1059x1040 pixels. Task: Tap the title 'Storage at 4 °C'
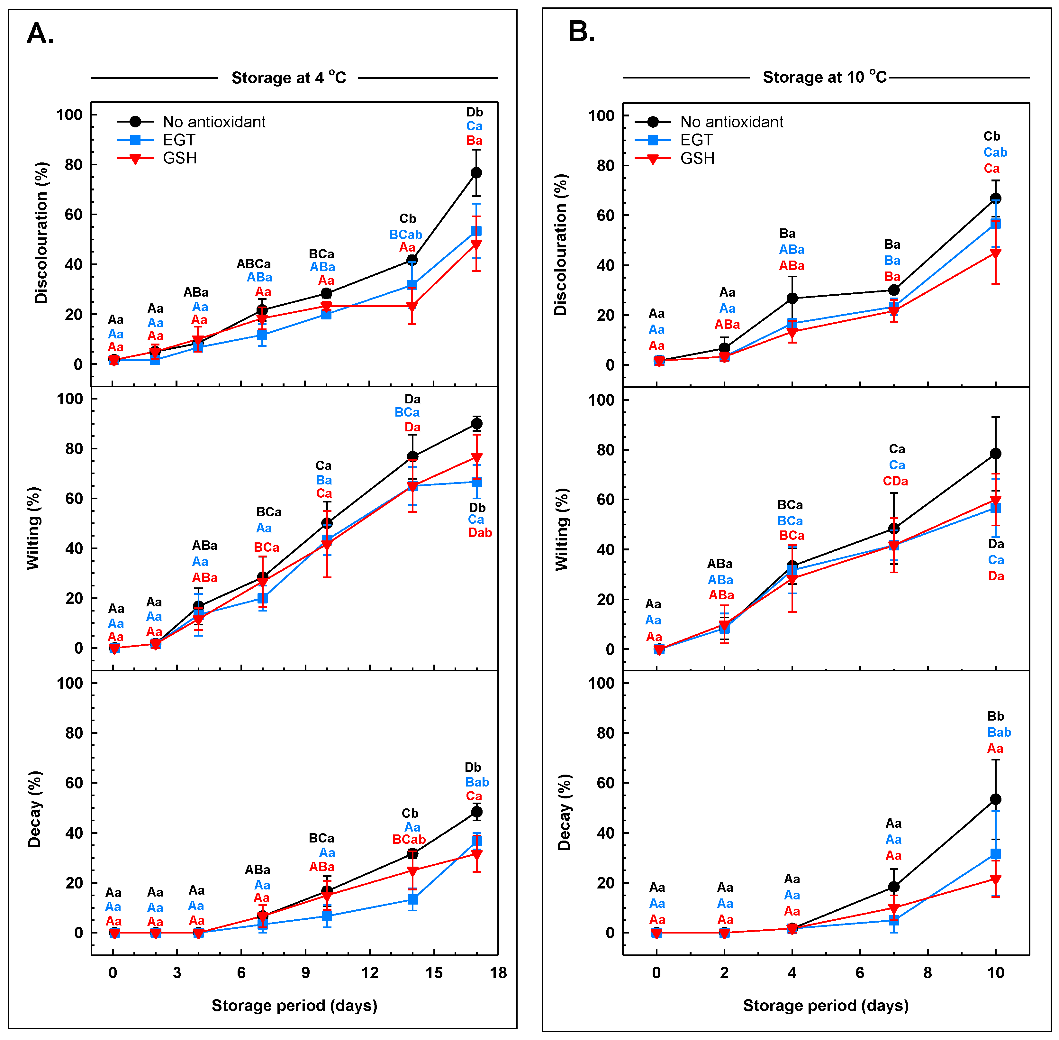pyautogui.click(x=288, y=78)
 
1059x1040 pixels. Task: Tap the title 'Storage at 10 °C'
pyautogui.click(x=824, y=77)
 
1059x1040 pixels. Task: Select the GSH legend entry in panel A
pyautogui.click(x=180, y=158)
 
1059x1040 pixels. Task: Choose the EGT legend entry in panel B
pyautogui.click(x=696, y=140)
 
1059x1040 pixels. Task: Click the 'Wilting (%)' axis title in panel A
pyautogui.click(x=34, y=528)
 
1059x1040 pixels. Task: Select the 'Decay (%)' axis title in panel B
pyautogui.click(x=564, y=812)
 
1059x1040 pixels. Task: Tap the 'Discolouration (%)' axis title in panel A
pyautogui.click(x=41, y=233)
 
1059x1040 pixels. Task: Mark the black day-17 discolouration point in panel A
pyautogui.click(x=476, y=173)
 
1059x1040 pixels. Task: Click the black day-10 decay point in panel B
pyautogui.click(x=995, y=799)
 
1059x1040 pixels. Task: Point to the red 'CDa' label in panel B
pyautogui.click(x=895, y=481)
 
